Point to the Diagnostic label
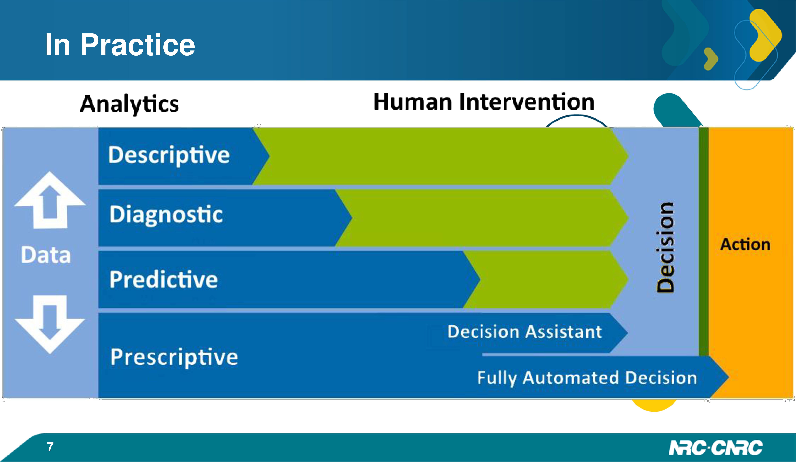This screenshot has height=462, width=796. coord(166,215)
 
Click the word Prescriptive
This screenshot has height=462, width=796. coord(174,357)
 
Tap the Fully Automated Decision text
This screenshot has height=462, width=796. coord(587,378)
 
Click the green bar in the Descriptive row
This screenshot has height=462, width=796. coord(441,156)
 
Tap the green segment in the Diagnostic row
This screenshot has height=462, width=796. coord(482,218)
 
